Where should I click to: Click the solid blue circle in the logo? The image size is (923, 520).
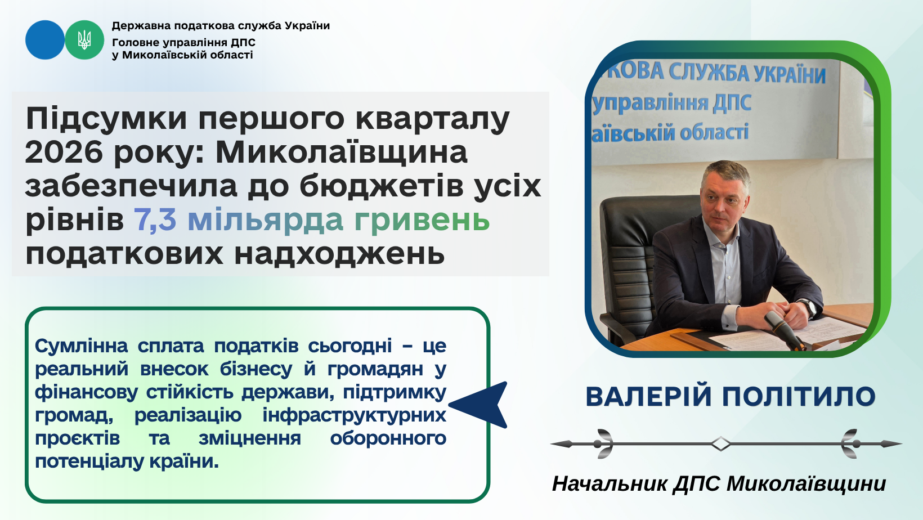[45, 40]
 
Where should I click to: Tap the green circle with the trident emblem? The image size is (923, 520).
[84, 40]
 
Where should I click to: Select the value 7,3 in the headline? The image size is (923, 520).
[155, 220]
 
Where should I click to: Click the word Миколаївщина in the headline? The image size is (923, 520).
[341, 153]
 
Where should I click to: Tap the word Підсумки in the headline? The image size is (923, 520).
[106, 119]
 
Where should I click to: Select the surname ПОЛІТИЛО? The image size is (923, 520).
[799, 397]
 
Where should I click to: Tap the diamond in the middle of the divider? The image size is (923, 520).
[720, 443]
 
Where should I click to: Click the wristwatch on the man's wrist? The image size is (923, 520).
[809, 307]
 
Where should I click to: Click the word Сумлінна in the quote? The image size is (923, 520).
[81, 346]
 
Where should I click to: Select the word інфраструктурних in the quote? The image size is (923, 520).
[354, 415]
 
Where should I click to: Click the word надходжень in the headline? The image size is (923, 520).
[339, 254]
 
